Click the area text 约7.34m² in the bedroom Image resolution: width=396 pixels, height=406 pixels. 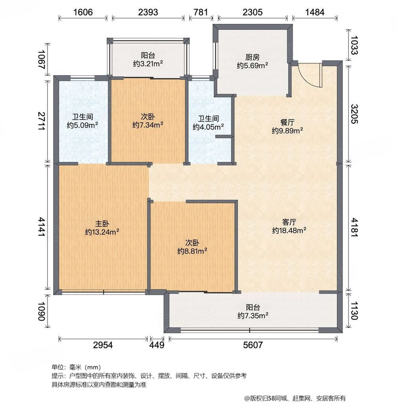[x=148, y=125]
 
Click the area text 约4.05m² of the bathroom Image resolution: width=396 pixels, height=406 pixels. [x=208, y=127]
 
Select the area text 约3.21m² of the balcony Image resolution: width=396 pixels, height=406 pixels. [x=148, y=63]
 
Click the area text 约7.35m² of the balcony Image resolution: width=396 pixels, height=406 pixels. [x=253, y=316]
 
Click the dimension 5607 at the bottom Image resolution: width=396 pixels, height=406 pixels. [x=253, y=345]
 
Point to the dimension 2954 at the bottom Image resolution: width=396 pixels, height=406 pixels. [x=103, y=345]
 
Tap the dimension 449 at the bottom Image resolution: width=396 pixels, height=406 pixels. [x=157, y=345]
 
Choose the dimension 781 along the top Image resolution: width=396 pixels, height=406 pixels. [x=201, y=12]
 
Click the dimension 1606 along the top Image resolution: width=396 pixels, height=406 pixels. [x=83, y=12]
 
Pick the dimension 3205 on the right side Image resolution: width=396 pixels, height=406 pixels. [x=354, y=114]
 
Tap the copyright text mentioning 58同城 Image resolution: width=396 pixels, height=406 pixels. [x=295, y=398]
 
